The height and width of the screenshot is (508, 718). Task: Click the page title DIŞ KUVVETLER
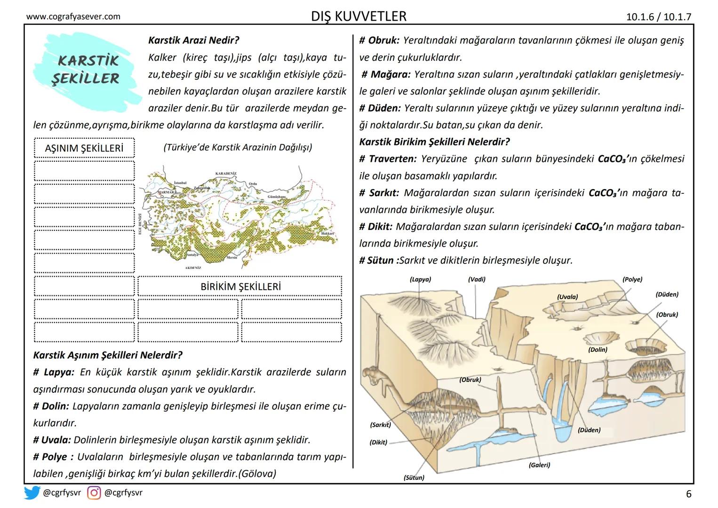coord(359,16)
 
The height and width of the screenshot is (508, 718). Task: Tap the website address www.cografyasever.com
coord(73,17)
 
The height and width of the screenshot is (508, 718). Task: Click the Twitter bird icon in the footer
coord(32,493)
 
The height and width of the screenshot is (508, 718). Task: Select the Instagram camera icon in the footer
coord(94,493)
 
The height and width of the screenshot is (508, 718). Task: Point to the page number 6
coord(688,494)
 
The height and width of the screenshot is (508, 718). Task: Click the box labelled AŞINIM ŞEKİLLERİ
coord(84,148)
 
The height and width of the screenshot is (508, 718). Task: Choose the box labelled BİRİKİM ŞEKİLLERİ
coord(240,286)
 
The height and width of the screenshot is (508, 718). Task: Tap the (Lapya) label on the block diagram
coord(420,279)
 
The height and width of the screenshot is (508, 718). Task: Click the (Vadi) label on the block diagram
coord(476,279)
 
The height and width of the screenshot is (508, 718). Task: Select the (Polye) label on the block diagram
coord(632,279)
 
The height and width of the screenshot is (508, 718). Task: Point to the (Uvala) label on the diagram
coord(567,297)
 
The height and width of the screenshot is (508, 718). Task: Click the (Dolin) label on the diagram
coord(598,349)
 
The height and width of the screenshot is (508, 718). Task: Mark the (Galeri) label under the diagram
coord(539,465)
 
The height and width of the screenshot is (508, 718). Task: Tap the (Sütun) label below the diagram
coord(414,477)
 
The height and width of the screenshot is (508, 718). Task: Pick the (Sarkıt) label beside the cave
coord(380,425)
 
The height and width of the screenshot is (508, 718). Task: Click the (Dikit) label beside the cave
coord(378,442)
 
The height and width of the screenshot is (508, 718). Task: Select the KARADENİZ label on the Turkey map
coord(225,173)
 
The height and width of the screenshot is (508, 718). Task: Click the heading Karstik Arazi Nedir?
coord(193,40)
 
